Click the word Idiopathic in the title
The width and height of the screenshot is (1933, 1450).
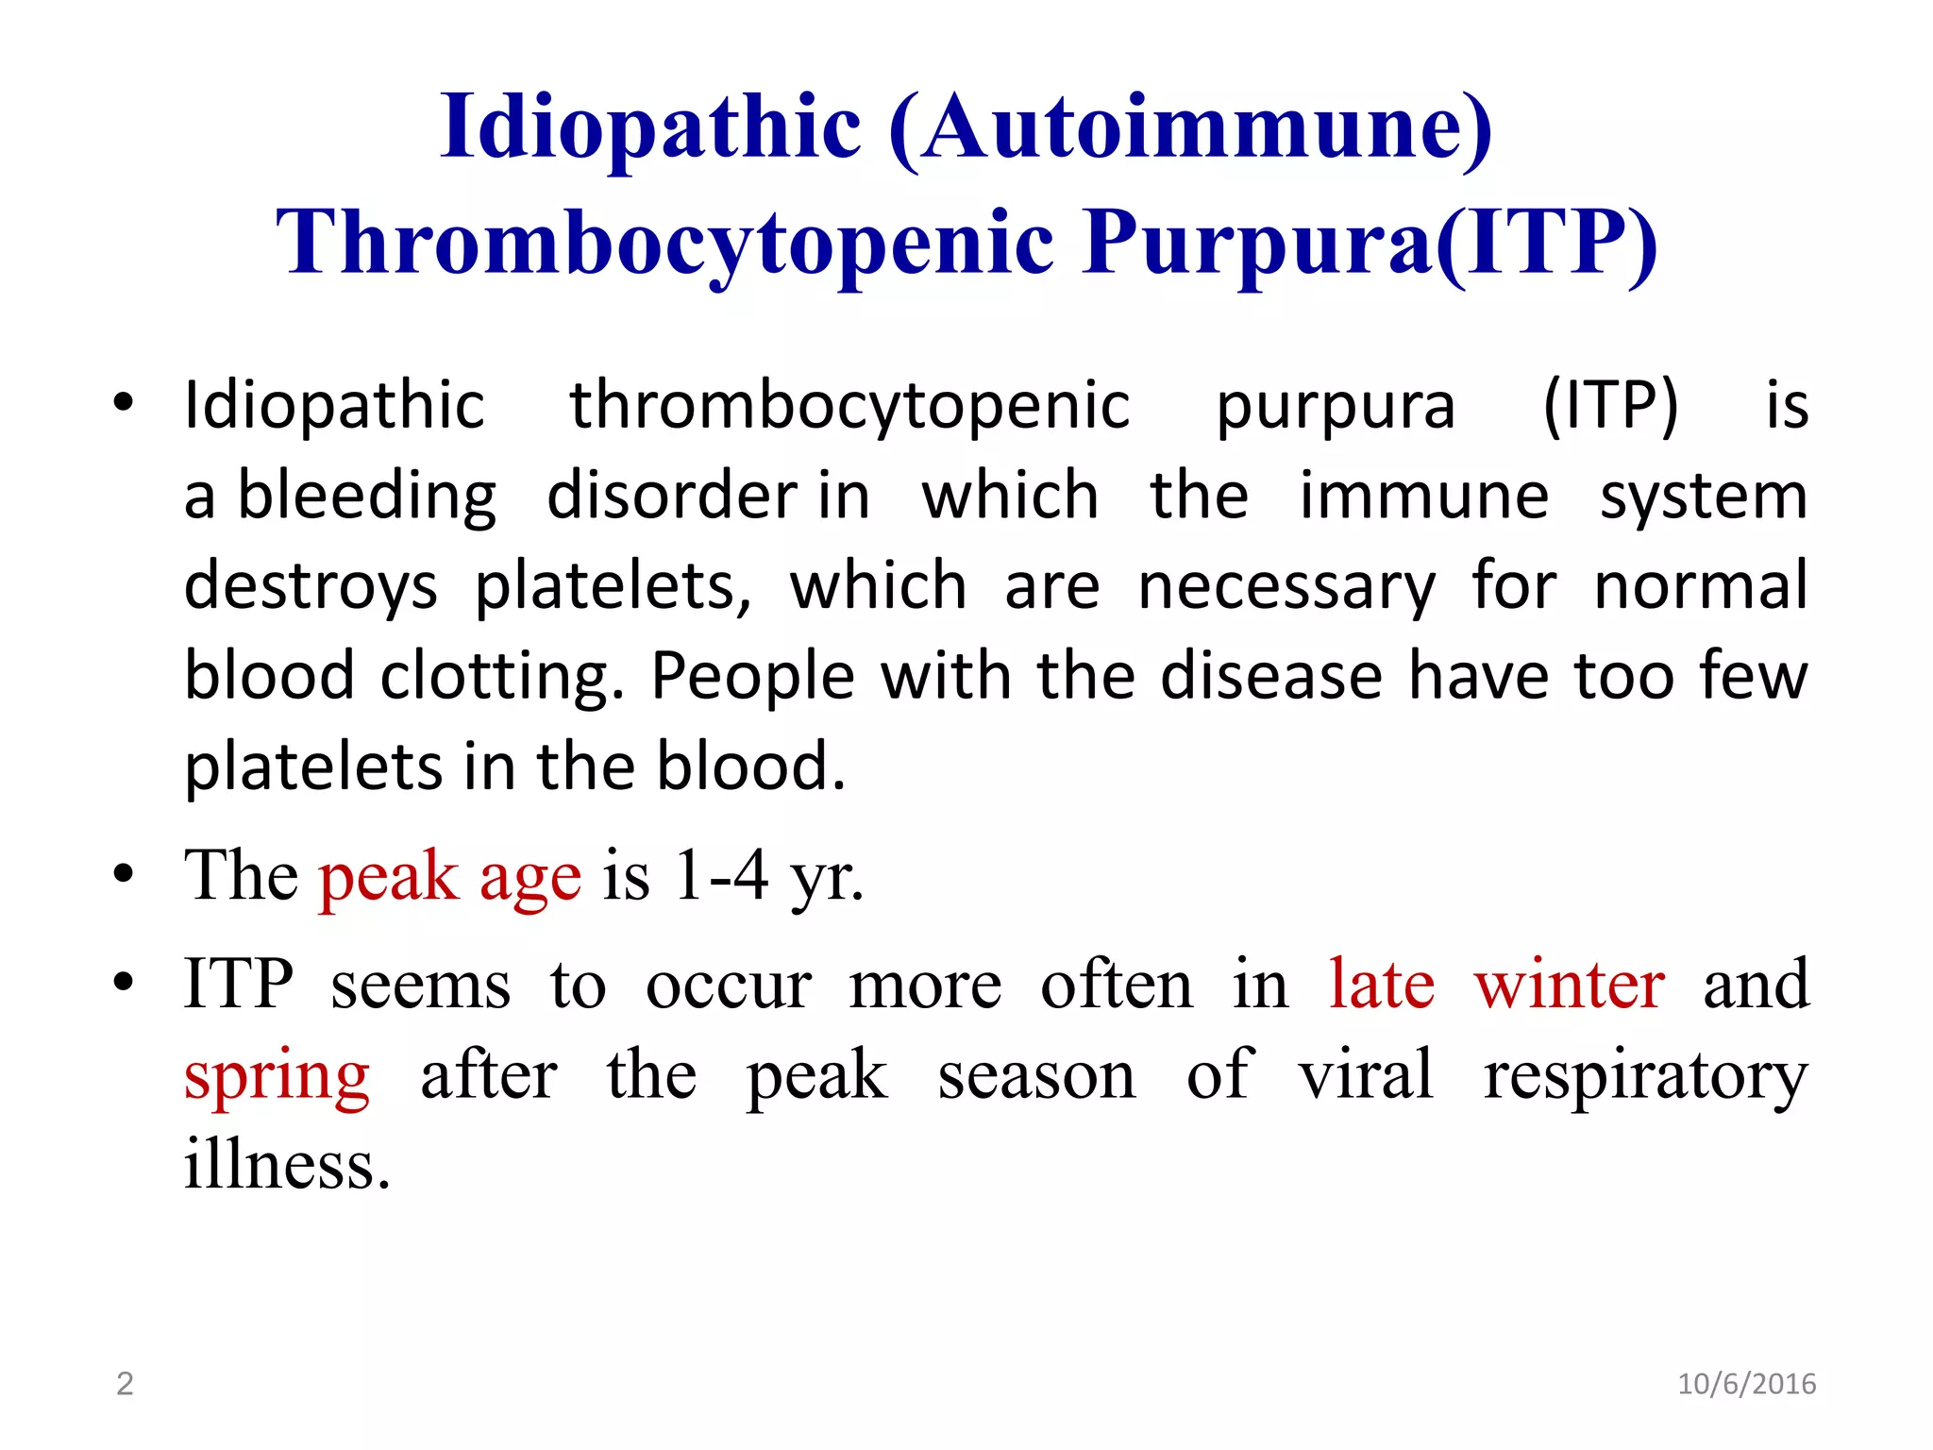pos(650,126)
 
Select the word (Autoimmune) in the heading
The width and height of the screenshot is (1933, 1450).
pos(1190,126)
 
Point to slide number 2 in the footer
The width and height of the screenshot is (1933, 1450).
pos(125,1384)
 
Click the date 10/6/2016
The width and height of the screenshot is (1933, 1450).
pos(1746,1384)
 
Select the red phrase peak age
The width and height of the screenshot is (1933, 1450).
pos(449,876)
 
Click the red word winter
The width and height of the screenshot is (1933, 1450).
pos(1569,984)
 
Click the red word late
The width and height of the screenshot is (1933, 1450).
pos(1382,984)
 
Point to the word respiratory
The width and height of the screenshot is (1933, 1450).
pos(1645,1076)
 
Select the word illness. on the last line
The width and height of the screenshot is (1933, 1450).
pos(287,1164)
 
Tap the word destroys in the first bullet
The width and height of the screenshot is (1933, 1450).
pos(311,587)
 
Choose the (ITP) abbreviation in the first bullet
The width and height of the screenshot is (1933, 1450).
pos(1610,406)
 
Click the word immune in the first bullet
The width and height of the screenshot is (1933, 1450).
pos(1423,497)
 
